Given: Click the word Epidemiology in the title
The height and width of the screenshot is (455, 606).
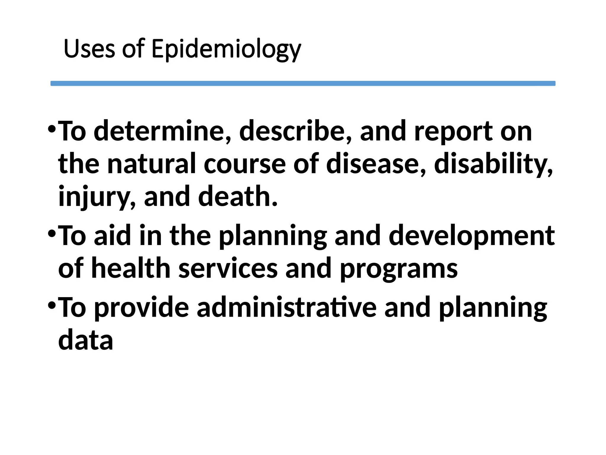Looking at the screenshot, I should [x=226, y=49].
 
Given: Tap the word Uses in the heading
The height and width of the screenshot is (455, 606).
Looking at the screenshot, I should [x=89, y=49].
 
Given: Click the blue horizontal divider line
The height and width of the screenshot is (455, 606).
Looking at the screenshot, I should [x=303, y=84].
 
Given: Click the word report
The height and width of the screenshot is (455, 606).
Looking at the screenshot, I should [x=453, y=131].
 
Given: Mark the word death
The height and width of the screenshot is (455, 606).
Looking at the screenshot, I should [x=238, y=196].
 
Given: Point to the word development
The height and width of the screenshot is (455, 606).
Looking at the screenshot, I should [x=472, y=236].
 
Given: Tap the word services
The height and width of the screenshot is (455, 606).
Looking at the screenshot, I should [x=228, y=268].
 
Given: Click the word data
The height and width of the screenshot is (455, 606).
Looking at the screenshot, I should [x=86, y=340].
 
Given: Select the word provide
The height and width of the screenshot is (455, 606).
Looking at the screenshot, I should [x=141, y=308].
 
